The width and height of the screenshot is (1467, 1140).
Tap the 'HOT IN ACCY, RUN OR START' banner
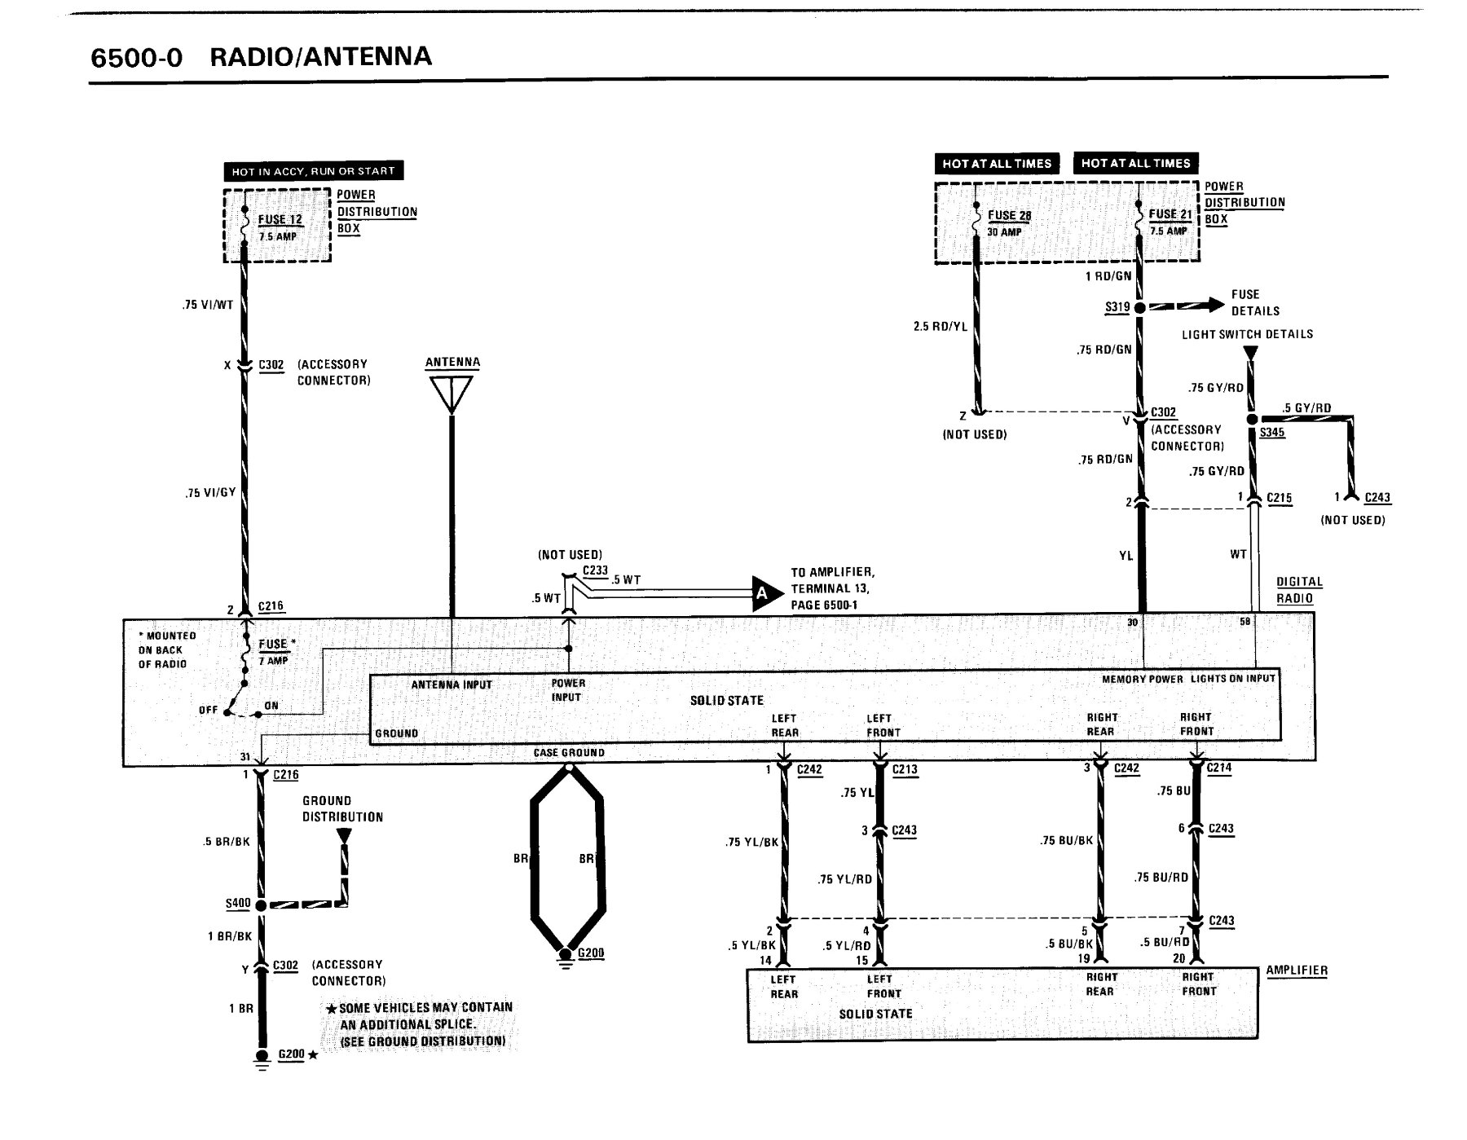coord(314,171)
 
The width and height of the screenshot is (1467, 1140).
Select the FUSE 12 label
coord(280,220)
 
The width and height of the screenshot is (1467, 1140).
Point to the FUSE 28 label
coord(1010,216)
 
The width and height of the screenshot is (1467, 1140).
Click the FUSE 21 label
coord(1170,214)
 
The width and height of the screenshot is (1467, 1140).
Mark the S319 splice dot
coord(1140,307)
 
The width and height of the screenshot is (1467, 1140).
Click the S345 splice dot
coord(1253,419)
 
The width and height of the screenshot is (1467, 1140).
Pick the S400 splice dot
coord(261,905)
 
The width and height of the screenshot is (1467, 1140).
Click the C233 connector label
coord(596,570)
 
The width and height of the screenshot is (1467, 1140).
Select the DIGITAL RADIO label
coord(1299,590)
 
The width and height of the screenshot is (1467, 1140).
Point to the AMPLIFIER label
coord(1297,971)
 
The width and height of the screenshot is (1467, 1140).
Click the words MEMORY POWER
coord(1143,679)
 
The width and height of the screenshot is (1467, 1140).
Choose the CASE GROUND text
coord(569,753)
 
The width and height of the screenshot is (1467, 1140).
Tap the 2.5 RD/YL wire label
coord(941,327)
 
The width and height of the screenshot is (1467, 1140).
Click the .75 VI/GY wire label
coord(210,492)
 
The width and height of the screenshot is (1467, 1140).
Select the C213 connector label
coord(905,769)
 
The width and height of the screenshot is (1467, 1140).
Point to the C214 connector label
coord(1218,768)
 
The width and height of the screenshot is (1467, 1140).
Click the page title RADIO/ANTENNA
coord(320,57)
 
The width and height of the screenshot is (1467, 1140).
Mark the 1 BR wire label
coord(241,1009)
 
